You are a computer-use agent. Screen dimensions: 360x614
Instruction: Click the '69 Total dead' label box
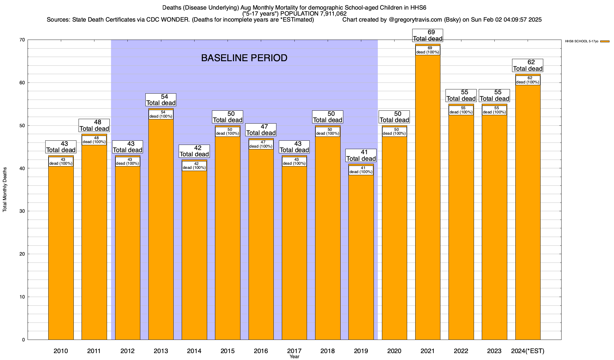428,35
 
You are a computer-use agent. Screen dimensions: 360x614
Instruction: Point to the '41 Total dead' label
361,155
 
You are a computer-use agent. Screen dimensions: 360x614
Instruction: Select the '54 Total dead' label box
161,100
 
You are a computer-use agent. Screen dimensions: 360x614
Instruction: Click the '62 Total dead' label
528,65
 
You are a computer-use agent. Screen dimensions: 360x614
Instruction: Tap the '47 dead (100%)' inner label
261,144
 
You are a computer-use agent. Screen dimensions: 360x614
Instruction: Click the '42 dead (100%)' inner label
194,166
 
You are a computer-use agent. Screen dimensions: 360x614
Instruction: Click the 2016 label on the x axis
261,351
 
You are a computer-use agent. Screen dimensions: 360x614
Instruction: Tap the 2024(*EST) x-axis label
528,351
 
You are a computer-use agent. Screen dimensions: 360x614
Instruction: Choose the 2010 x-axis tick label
61,351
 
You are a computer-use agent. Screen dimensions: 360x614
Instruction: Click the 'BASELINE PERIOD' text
244,58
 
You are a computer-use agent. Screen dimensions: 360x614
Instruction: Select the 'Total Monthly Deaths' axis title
5,189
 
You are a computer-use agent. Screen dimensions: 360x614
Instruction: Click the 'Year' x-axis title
294,357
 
